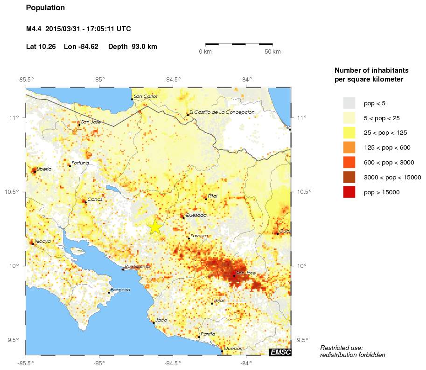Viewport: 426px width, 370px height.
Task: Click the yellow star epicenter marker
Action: point(155,226)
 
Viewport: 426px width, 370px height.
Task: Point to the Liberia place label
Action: point(44,169)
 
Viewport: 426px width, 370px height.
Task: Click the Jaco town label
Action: point(161,320)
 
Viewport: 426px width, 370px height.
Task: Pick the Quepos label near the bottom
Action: point(233,349)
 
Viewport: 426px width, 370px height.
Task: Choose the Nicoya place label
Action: point(42,241)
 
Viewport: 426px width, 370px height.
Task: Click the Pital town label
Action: point(213,196)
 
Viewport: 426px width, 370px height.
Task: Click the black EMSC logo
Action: point(280,352)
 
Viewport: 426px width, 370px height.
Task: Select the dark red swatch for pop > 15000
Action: point(349,192)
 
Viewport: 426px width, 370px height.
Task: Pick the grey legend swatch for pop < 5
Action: point(349,103)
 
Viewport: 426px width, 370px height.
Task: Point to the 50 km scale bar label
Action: point(272,52)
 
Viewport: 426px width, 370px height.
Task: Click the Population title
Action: point(45,8)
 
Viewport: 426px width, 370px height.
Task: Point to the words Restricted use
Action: point(341,348)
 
